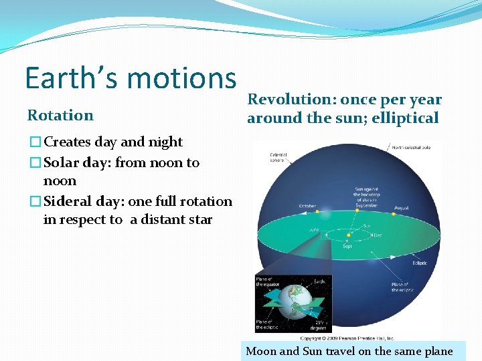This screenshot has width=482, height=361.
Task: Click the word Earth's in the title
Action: point(71,78)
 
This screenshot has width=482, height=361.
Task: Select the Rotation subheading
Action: point(60,115)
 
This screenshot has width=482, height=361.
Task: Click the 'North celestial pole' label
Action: point(416,147)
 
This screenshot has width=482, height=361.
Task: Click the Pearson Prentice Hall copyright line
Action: point(347,338)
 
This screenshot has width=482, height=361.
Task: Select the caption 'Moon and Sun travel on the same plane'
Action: point(349,351)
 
